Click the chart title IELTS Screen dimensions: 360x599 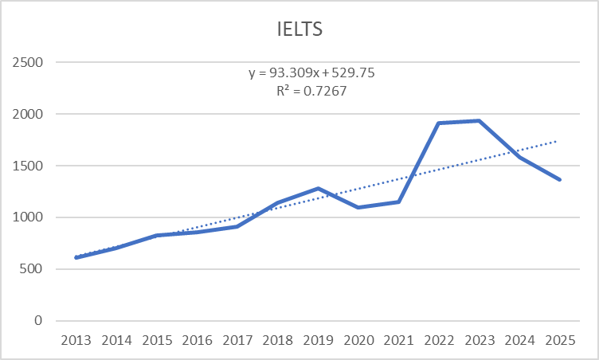pos(299,30)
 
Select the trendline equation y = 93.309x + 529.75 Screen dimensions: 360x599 pos(311,72)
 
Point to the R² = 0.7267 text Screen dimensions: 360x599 pos(311,92)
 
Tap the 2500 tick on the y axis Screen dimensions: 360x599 pos(29,62)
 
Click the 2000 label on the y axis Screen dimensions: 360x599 pos(29,114)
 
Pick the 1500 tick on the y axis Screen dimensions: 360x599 pos(29,166)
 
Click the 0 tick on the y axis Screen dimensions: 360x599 pos(40,320)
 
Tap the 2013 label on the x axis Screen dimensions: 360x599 pos(76,340)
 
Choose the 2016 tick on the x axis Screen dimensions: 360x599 pos(198,340)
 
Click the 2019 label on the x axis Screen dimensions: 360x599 pos(318,340)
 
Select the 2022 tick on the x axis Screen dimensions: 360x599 pos(439,340)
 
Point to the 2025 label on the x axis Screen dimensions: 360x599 pos(559,340)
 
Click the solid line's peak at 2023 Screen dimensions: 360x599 pos(479,121)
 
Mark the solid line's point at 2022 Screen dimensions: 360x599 pos(439,123)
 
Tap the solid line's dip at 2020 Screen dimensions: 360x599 pos(358,207)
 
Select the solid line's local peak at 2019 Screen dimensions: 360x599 pos(318,189)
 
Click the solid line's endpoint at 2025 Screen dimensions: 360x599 pos(559,179)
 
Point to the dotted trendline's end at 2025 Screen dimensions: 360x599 pos(558,140)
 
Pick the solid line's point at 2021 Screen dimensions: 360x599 pos(398,202)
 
